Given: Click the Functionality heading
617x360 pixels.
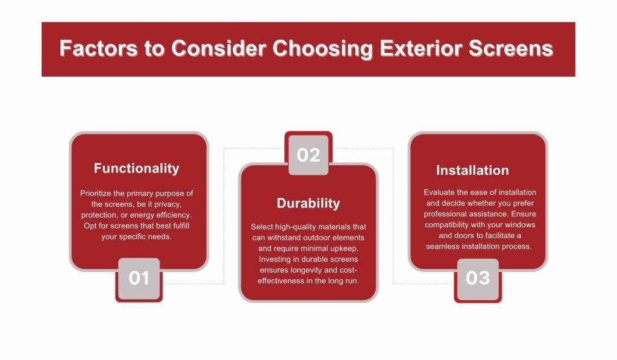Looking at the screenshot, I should [137, 168].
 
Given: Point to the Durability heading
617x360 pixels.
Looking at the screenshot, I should [308, 203].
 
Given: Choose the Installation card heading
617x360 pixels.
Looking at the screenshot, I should [472, 171].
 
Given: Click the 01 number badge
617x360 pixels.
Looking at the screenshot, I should [139, 278].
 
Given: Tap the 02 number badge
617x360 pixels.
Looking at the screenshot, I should [308, 155].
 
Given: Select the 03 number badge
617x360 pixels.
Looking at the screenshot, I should [478, 279].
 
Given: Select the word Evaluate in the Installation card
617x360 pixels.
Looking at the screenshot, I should [440, 192].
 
